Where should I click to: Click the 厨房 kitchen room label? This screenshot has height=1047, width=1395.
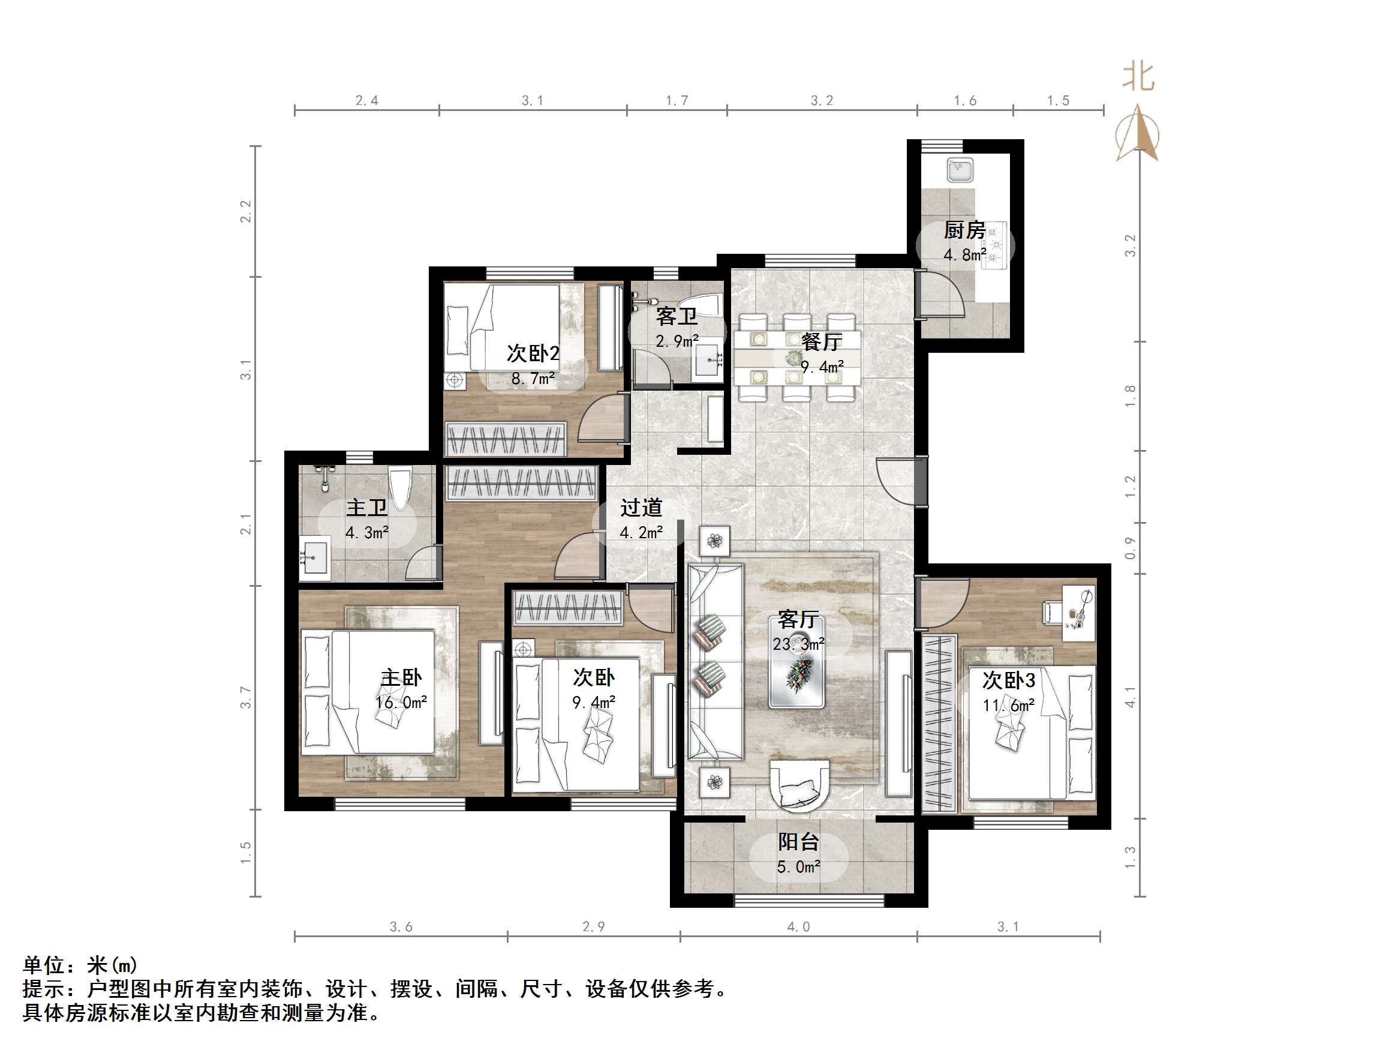click(x=964, y=230)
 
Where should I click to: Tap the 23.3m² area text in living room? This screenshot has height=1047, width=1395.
click(x=798, y=644)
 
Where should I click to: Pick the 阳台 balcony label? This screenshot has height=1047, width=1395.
click(x=798, y=841)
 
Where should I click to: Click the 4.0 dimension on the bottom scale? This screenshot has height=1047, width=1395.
click(x=798, y=926)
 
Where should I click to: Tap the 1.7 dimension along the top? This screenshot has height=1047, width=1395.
click(x=677, y=100)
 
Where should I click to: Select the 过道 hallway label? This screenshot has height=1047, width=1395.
click(x=641, y=508)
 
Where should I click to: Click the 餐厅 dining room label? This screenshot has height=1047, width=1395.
click(x=821, y=342)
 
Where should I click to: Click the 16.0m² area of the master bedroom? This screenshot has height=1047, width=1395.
click(x=401, y=703)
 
